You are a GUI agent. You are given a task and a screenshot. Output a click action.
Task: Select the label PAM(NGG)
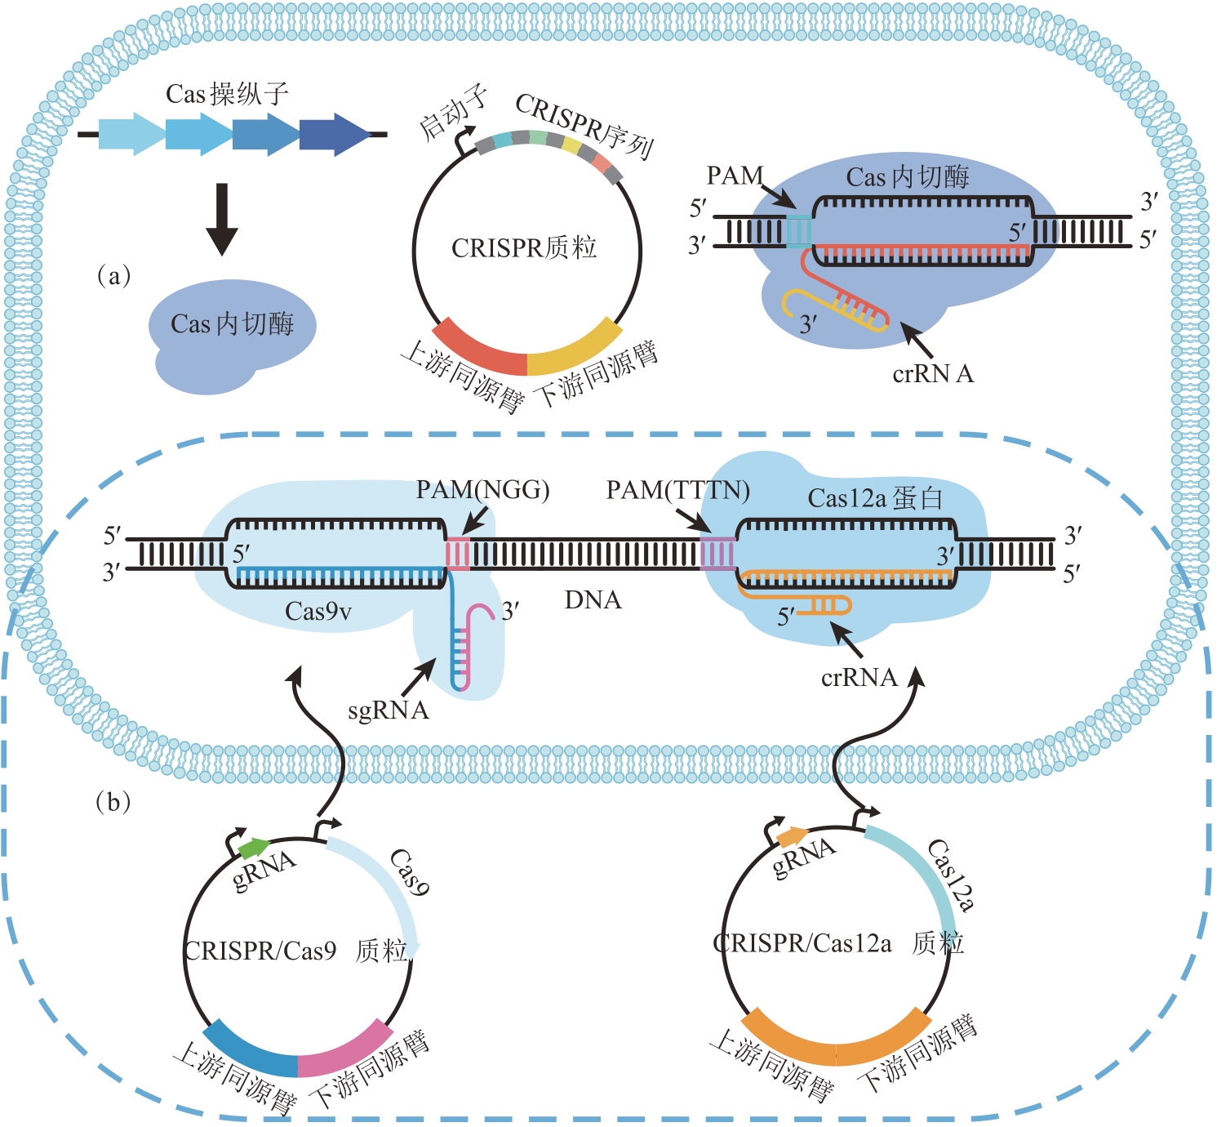tap(482, 490)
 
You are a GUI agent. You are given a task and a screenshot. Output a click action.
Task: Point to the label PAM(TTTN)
tap(677, 490)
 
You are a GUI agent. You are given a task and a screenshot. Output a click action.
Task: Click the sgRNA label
tap(389, 710)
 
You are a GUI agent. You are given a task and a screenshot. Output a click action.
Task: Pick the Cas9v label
tap(318, 612)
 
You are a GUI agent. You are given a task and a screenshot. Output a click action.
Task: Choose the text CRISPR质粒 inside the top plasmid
tap(524, 247)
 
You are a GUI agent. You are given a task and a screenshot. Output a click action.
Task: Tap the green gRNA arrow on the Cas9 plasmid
tap(254, 847)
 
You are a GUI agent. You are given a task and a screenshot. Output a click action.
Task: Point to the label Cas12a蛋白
tap(875, 498)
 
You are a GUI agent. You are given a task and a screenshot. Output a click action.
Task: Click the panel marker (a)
tap(113, 276)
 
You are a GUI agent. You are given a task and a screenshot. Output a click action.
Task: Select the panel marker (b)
tap(113, 802)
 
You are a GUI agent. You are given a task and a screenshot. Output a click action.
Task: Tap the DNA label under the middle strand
tap(593, 600)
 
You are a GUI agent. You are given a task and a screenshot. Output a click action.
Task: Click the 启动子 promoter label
tap(453, 114)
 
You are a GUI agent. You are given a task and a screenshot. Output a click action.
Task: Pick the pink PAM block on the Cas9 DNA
tap(457, 555)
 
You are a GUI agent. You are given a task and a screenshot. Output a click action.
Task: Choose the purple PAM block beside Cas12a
tap(717, 553)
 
